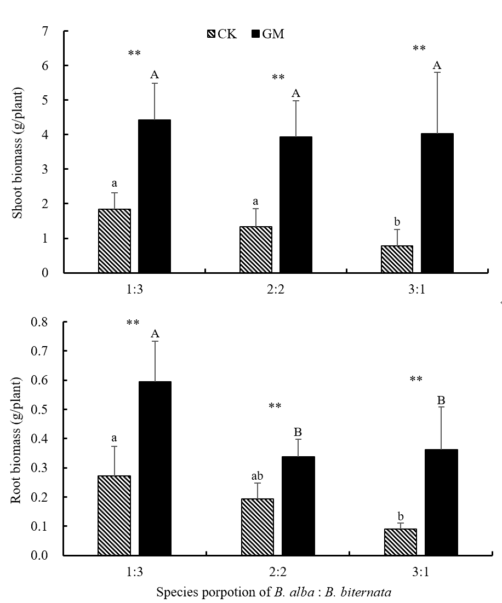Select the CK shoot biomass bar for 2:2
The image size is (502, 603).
(255, 250)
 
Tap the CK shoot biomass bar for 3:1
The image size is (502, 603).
(396, 259)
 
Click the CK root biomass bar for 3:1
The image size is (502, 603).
(400, 542)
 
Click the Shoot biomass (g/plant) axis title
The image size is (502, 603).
(18, 152)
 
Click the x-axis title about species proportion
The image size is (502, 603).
(274, 592)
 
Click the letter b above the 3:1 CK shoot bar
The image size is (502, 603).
(397, 222)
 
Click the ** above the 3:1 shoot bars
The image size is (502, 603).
(419, 49)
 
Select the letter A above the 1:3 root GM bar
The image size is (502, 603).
(155, 334)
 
